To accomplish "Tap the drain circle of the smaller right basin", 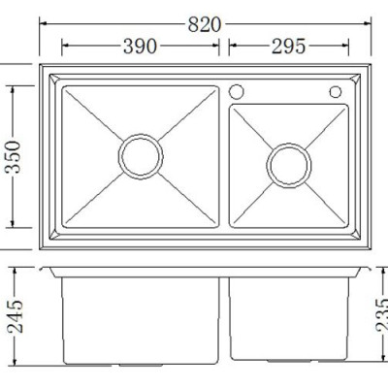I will [287, 166].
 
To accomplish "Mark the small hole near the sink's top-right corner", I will [335, 92].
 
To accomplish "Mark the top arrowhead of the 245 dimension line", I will [12, 270].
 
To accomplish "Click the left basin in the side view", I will [141, 320].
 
